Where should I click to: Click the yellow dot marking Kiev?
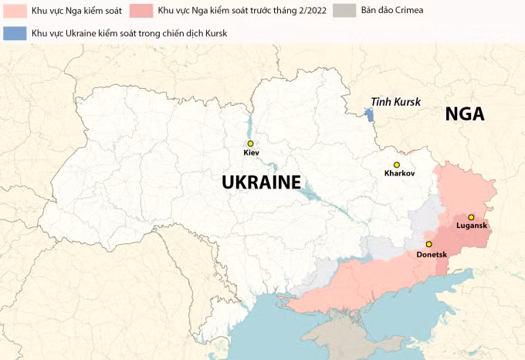250,144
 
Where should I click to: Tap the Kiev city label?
251,153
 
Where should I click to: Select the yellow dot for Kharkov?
396,165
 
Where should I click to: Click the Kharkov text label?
399,174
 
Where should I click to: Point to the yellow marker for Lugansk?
471,217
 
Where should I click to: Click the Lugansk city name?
472,226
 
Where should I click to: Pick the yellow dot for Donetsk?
428,244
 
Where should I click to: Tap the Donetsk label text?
432,253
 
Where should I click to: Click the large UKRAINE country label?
260,182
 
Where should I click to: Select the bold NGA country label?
465,114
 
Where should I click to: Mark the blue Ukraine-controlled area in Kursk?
369,115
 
